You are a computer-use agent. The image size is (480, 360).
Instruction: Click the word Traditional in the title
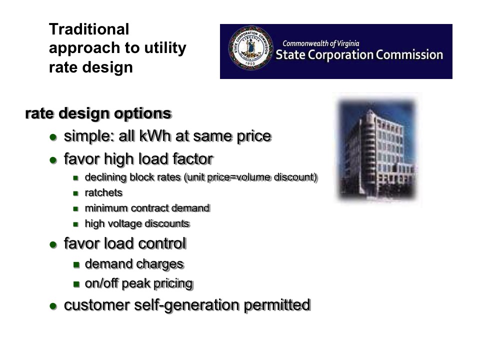click(x=89, y=29)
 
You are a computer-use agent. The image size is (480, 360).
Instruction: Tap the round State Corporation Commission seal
click(x=250, y=48)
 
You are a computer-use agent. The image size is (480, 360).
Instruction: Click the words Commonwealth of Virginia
click(x=321, y=43)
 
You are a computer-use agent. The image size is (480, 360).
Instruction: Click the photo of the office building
click(x=377, y=149)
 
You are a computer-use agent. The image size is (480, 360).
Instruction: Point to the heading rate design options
click(x=98, y=113)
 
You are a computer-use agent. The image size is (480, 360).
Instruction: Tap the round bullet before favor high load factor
click(x=53, y=160)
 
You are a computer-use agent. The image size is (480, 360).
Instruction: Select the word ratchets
click(x=104, y=193)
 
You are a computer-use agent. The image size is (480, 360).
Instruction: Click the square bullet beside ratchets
click(x=76, y=193)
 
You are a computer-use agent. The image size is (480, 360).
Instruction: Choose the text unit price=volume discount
click(x=250, y=177)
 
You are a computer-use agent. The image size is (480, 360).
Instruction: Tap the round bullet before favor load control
click(x=53, y=244)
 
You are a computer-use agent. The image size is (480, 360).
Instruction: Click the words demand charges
click(x=134, y=264)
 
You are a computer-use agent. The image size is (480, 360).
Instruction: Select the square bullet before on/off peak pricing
click(x=76, y=284)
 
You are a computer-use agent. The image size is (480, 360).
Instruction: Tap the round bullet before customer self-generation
click(x=53, y=306)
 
